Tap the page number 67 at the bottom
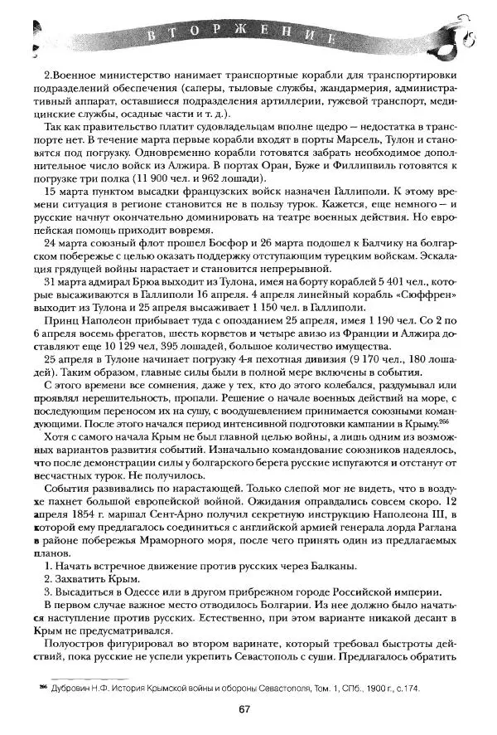click(x=244, y=709)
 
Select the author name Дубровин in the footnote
click(x=71, y=689)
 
